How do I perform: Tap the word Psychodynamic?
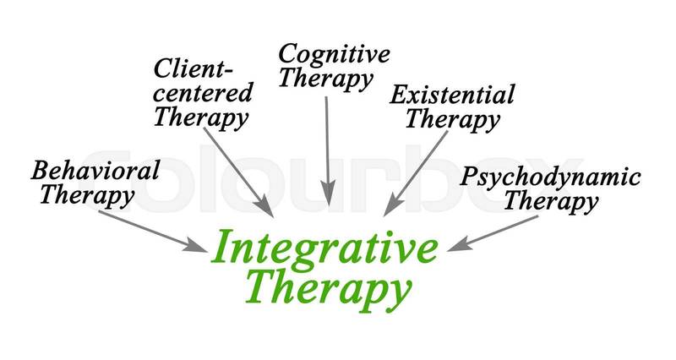click(x=549, y=177)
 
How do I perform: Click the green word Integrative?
click(x=324, y=248)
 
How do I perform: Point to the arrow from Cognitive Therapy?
click(x=326, y=148)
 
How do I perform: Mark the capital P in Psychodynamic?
click(x=469, y=178)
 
